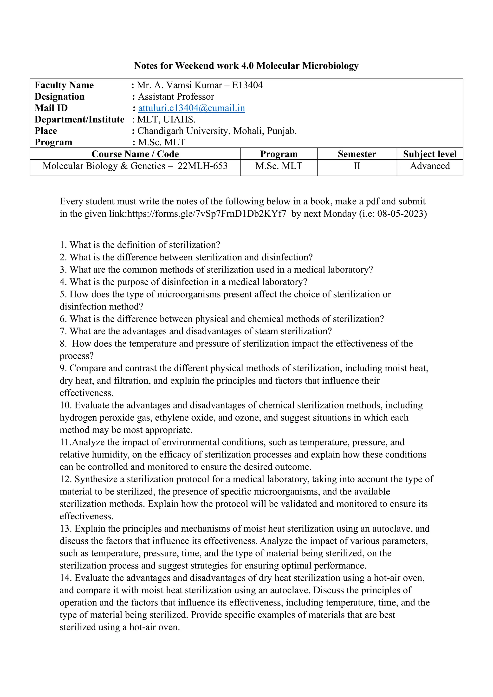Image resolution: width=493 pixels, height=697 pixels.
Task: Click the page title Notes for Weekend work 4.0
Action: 246,66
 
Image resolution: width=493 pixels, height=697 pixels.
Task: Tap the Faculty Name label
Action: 64,85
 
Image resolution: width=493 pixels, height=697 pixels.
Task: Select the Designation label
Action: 59,97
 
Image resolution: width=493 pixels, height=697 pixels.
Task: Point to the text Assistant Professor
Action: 176,97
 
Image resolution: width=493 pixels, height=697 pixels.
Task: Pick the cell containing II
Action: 357,166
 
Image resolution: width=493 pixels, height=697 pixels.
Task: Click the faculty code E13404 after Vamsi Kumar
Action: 247,85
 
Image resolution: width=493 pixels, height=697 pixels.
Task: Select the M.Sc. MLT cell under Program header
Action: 279,166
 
